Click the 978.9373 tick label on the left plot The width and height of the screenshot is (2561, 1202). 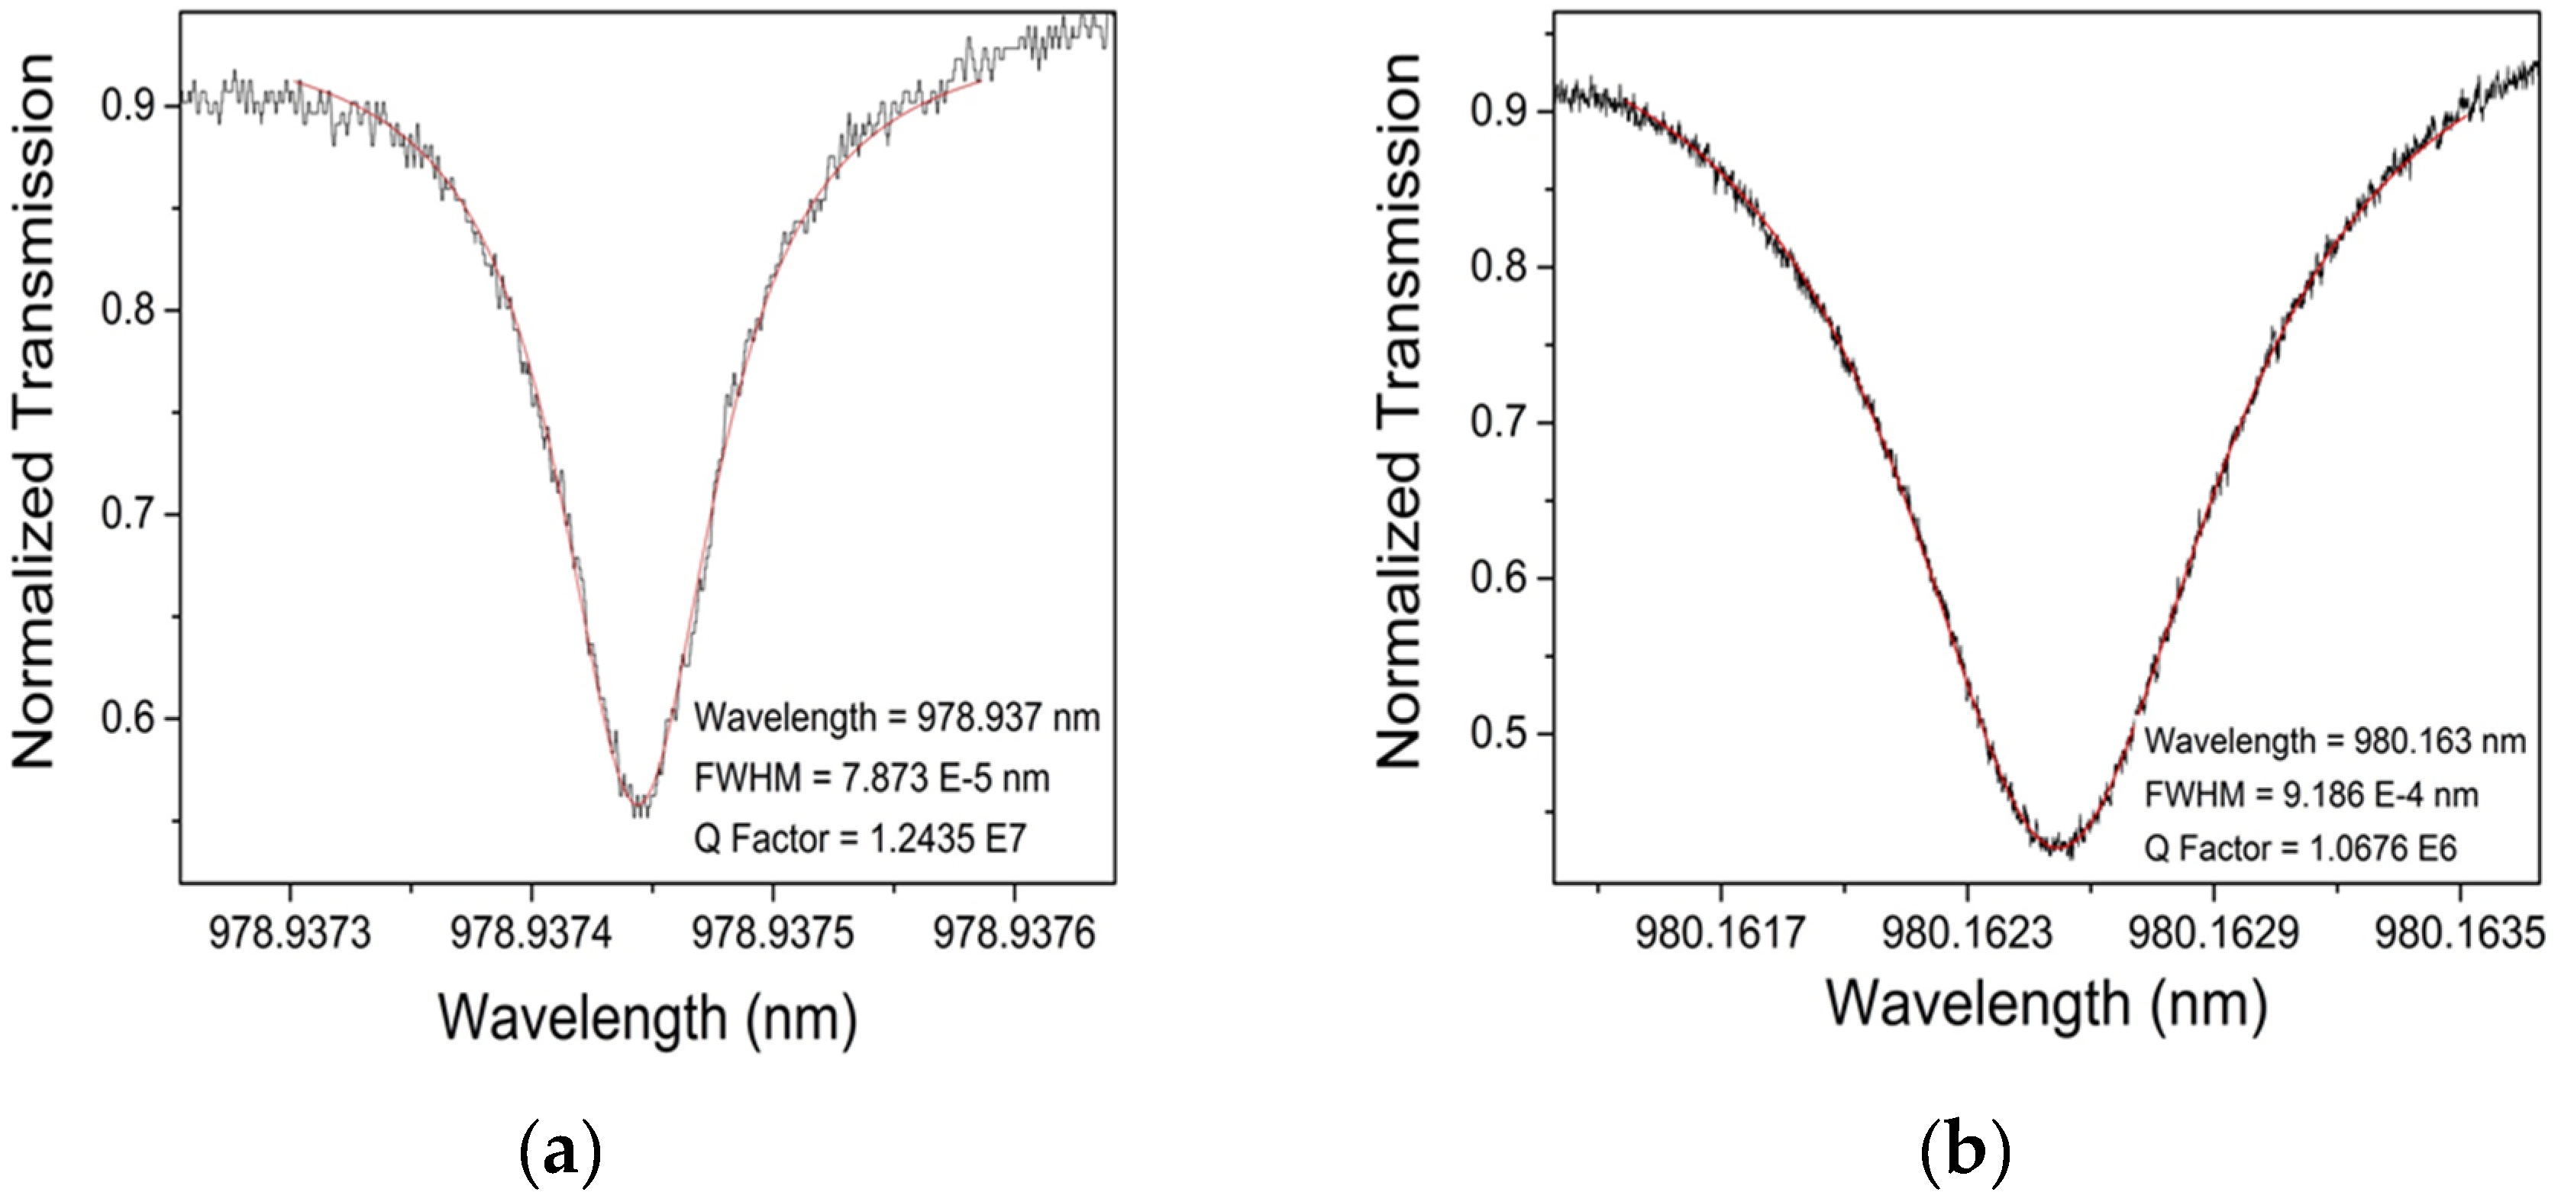click(x=289, y=933)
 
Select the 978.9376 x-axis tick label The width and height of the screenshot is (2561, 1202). click(x=1013, y=933)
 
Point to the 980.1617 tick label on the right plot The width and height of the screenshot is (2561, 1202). click(x=1719, y=933)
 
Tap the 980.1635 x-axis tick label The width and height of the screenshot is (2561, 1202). click(x=2459, y=933)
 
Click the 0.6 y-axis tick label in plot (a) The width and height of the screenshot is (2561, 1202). click(x=129, y=717)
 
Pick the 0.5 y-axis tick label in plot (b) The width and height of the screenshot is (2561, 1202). click(x=1498, y=733)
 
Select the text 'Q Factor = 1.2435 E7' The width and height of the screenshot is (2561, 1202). click(x=859, y=839)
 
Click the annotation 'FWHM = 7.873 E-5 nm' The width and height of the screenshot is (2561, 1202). click(x=871, y=777)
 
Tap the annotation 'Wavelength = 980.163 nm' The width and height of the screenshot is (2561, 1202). click(x=2333, y=741)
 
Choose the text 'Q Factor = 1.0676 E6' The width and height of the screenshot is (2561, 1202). click(x=2300, y=848)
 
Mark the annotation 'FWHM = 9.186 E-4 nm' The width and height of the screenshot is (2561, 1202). click(x=2311, y=794)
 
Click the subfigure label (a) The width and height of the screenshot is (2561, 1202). click(x=560, y=1150)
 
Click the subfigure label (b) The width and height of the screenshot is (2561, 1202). click(x=1965, y=1150)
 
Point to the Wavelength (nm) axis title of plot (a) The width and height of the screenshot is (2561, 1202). click(x=648, y=1017)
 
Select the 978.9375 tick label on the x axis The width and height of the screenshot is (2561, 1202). click(x=773, y=933)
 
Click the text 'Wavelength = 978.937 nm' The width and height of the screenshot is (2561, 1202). click(x=896, y=717)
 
